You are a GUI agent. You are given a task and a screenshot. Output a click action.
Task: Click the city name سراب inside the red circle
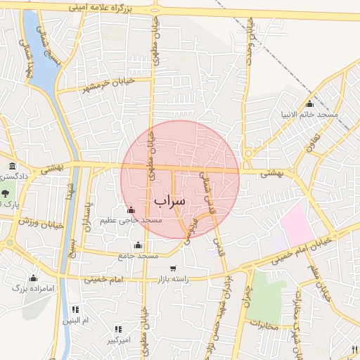[x=169, y=200]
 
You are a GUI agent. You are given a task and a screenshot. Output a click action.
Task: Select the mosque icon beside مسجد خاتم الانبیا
[x=309, y=104]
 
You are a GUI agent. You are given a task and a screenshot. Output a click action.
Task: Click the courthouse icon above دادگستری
[x=12, y=166]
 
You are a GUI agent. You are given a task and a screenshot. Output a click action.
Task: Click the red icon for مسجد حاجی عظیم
[x=130, y=210]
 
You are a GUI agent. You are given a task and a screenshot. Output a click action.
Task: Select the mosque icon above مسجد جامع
[x=138, y=245]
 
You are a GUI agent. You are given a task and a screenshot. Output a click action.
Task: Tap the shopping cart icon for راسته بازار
[x=173, y=269]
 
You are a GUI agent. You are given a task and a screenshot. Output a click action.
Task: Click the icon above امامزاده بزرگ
[x=33, y=278]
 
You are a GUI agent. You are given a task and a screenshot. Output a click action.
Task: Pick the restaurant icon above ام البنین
[x=75, y=309]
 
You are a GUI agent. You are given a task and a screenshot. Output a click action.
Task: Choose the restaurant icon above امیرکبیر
[x=118, y=329]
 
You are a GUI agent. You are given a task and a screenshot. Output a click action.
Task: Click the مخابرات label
[x=264, y=326]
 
